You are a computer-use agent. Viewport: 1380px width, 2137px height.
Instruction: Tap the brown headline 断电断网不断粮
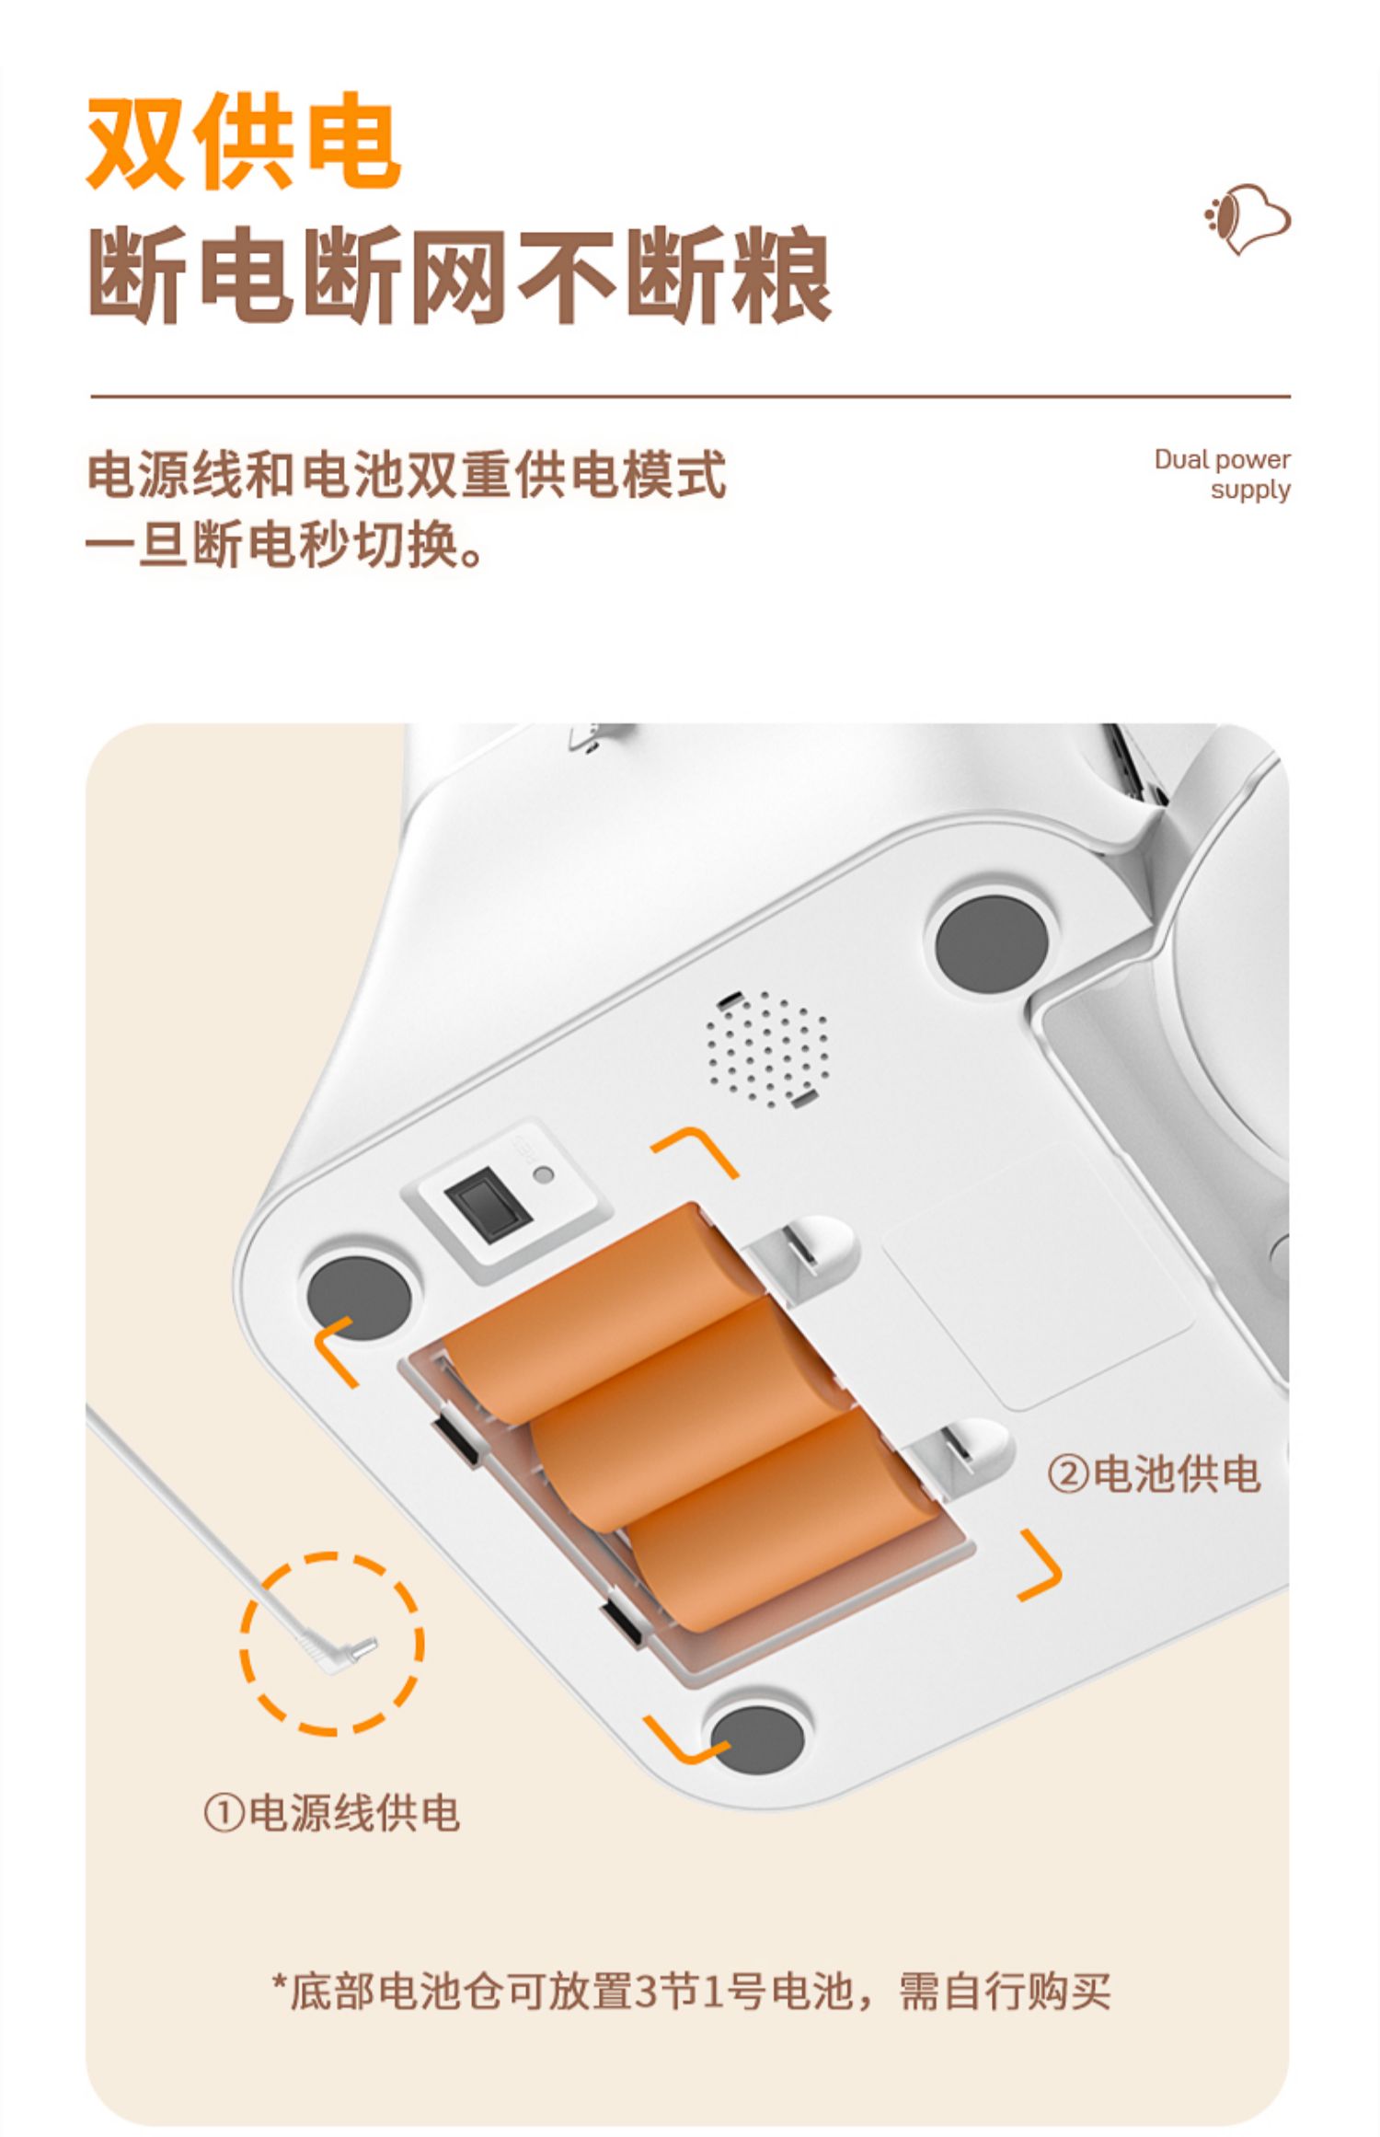point(460,275)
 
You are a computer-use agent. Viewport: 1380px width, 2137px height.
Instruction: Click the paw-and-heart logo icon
point(1247,219)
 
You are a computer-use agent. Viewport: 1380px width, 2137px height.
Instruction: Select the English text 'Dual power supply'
point(1222,473)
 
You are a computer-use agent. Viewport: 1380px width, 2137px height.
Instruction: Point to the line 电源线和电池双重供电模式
point(407,475)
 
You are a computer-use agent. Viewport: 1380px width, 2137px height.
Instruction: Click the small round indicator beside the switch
point(544,1174)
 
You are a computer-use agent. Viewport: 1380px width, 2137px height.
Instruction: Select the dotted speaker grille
point(766,1048)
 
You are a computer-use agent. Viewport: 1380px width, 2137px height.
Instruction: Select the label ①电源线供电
point(331,1814)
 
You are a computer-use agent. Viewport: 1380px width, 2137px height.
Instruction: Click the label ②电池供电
point(1154,1473)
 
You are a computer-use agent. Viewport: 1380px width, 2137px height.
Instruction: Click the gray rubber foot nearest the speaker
point(991,944)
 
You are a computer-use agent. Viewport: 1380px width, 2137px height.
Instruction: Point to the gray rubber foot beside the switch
point(359,1297)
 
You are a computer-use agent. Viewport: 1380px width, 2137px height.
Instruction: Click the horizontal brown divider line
point(690,397)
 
